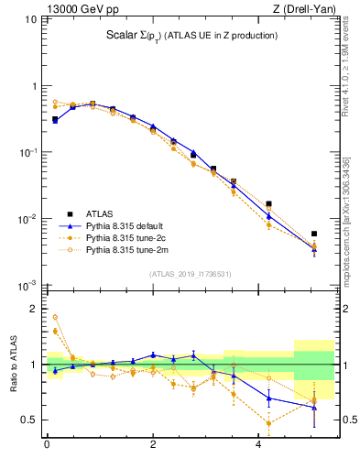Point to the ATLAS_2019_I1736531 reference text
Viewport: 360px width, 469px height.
[190, 274]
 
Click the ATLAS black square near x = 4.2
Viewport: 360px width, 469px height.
[268, 204]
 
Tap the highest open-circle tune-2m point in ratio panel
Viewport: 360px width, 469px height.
[55, 317]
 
